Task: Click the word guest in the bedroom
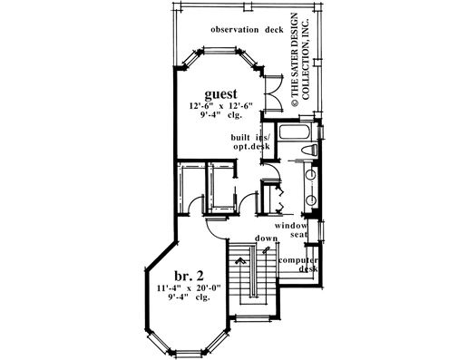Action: pos(220,94)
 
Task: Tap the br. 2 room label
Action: pos(189,276)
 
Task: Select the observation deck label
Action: pos(247,30)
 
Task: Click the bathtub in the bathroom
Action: pos(294,132)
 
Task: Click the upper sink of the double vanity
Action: pos(311,176)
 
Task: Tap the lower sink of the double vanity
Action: pos(311,200)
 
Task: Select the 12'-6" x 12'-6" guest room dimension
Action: pos(220,106)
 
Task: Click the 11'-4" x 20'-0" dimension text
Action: pos(189,287)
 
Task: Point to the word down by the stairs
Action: pos(266,238)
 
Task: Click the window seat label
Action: pos(291,230)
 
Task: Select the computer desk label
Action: pos(298,265)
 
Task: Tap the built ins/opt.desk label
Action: pos(250,142)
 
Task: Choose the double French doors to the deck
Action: pos(274,92)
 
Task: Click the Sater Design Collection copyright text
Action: pos(300,60)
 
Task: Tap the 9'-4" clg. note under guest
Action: pos(220,115)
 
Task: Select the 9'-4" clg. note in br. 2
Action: pos(189,297)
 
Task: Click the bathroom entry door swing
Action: pos(275,170)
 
